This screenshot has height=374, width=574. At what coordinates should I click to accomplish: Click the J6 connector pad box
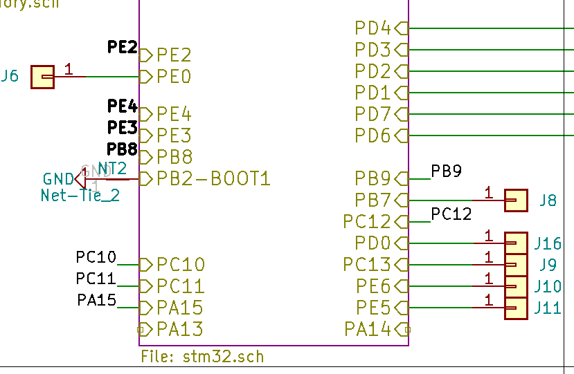point(42,77)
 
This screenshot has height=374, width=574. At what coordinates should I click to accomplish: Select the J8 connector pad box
point(516,200)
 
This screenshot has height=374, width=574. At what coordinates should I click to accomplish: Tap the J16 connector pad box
point(516,243)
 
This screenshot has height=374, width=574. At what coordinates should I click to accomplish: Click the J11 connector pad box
point(516,308)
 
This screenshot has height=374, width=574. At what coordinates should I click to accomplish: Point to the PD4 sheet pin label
point(373,28)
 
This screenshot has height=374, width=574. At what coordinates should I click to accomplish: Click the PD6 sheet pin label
point(373,135)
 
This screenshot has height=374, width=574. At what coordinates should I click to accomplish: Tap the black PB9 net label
point(446,171)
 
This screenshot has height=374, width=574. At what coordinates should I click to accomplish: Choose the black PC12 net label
point(451,214)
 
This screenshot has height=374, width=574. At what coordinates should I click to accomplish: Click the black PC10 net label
point(96,258)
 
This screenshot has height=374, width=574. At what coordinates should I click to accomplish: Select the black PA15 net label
point(96,301)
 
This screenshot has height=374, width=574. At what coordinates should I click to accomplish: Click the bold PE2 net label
point(123,47)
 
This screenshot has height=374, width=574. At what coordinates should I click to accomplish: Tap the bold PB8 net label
point(123,149)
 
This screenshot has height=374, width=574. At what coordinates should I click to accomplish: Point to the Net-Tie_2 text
point(80,196)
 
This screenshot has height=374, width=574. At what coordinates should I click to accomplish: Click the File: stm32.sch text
point(202,357)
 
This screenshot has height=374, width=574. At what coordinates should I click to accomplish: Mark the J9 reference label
point(548,265)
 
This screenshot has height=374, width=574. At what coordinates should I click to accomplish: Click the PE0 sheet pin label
point(174,76)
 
